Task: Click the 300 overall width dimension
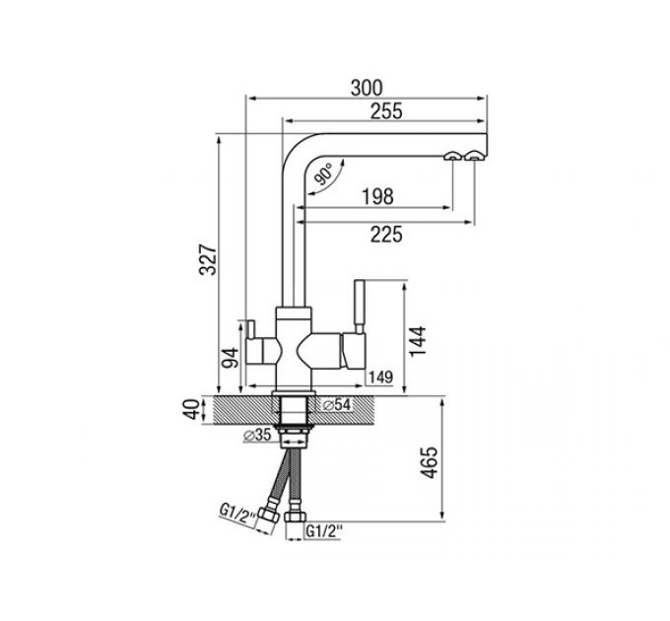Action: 367,88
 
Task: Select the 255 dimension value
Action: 385,112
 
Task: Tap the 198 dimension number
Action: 376,197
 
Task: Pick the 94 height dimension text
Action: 230,356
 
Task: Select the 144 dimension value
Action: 419,339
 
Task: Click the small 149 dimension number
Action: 380,378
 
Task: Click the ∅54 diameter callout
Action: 336,404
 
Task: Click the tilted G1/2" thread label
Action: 238,515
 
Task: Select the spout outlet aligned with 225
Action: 475,155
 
